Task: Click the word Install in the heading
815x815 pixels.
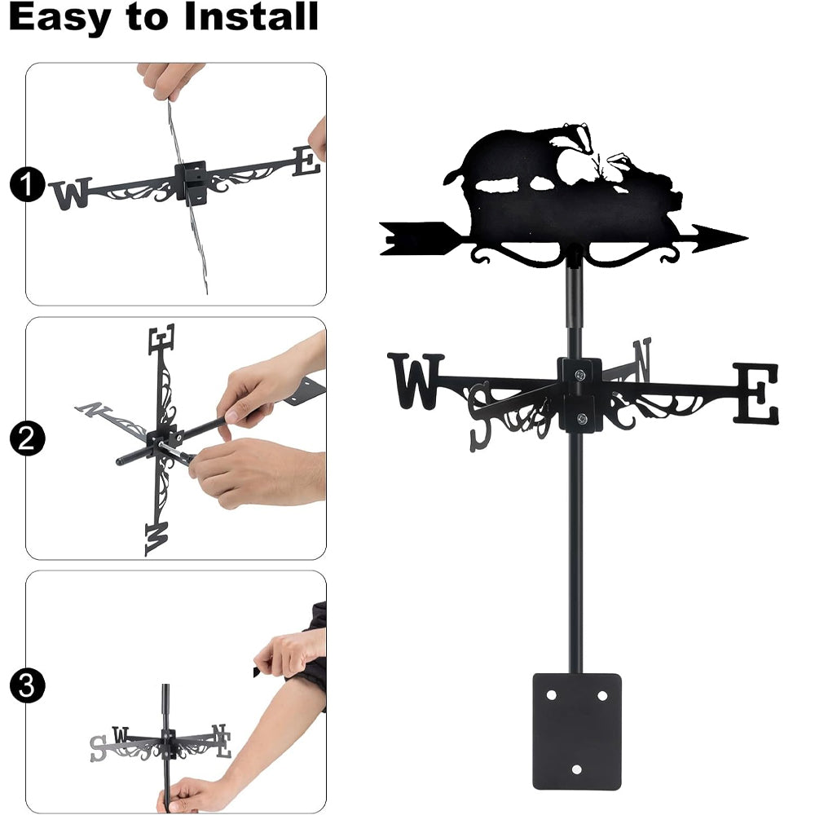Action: [250, 16]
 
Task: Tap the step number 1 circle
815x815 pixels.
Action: [28, 184]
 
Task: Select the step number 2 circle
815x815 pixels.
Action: [27, 438]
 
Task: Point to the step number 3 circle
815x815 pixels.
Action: [27, 685]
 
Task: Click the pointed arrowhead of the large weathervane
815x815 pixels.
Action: [720, 239]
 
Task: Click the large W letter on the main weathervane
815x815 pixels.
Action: [416, 381]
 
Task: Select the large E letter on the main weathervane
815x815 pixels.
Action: [756, 393]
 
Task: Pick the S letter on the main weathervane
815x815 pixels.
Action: [480, 416]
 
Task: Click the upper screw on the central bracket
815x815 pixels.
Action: [579, 374]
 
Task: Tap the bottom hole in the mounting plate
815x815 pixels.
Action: [576, 769]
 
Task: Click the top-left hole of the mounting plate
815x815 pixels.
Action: [552, 695]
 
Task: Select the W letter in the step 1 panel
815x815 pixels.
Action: [71, 193]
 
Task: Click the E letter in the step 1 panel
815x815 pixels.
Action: [306, 161]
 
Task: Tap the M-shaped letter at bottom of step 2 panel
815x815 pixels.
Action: [156, 539]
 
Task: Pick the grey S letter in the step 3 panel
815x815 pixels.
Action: [98, 749]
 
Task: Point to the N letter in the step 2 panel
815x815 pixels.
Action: [94, 410]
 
